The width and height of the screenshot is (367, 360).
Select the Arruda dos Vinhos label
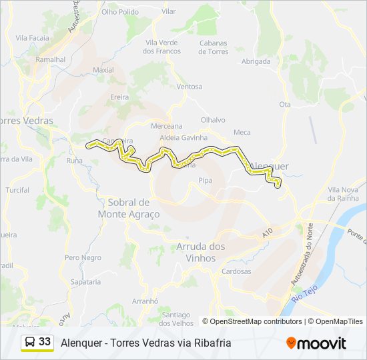200,253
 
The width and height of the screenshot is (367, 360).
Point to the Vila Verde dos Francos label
163,47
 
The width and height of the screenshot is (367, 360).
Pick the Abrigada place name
256,61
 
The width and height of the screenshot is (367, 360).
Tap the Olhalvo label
214,119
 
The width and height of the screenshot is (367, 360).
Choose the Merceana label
167,126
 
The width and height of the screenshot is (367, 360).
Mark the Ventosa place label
190,87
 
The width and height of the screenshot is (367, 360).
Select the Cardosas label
236,271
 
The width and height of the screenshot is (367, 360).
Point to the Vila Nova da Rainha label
344,194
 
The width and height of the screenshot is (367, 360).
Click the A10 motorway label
268,233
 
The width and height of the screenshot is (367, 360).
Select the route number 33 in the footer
45,342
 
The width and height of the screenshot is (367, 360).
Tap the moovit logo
316,343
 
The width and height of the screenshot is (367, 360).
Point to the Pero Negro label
83,257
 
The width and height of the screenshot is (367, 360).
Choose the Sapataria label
85,282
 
